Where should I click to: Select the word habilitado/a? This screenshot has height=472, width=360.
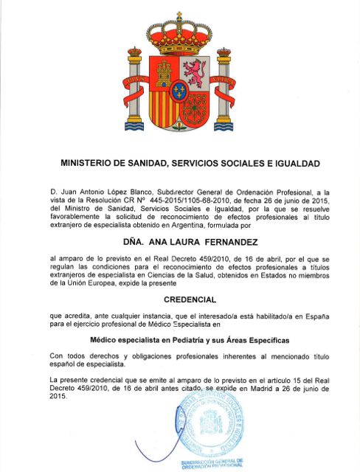(x=250, y=316)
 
